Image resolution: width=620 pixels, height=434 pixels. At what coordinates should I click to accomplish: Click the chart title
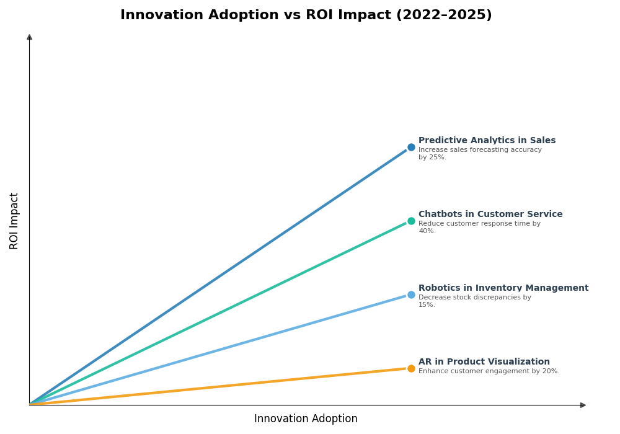click(x=306, y=15)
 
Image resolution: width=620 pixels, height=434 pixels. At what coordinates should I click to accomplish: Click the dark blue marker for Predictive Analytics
click(x=411, y=148)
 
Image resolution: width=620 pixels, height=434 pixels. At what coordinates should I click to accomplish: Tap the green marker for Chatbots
click(x=411, y=221)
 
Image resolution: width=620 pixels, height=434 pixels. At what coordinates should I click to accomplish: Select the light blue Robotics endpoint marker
click(x=411, y=295)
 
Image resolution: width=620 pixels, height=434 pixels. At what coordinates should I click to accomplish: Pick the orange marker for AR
click(x=411, y=369)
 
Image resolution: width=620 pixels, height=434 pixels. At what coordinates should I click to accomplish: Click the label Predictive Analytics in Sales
click(x=487, y=141)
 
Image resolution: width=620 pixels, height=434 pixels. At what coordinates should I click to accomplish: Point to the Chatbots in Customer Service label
click(x=490, y=215)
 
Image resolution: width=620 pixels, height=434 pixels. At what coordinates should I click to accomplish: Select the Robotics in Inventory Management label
click(x=503, y=288)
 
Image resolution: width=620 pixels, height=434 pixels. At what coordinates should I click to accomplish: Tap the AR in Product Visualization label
click(x=484, y=362)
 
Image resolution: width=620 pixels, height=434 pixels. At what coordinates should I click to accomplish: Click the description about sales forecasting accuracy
click(x=479, y=154)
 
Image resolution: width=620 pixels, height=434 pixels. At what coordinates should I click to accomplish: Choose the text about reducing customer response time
click(x=479, y=228)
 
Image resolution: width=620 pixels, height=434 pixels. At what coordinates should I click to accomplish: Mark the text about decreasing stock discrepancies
click(x=474, y=301)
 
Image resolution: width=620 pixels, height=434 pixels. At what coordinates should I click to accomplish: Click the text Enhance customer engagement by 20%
click(x=489, y=371)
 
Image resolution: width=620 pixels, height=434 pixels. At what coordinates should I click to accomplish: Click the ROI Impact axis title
click(x=14, y=221)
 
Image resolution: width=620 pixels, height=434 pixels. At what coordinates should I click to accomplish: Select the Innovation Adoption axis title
click(x=306, y=419)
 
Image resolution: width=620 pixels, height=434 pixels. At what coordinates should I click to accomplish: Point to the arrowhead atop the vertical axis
click(x=29, y=37)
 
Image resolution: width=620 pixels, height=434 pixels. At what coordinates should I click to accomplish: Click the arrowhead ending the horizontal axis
click(x=583, y=405)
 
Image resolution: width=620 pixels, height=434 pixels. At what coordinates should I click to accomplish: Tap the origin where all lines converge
click(x=30, y=405)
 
